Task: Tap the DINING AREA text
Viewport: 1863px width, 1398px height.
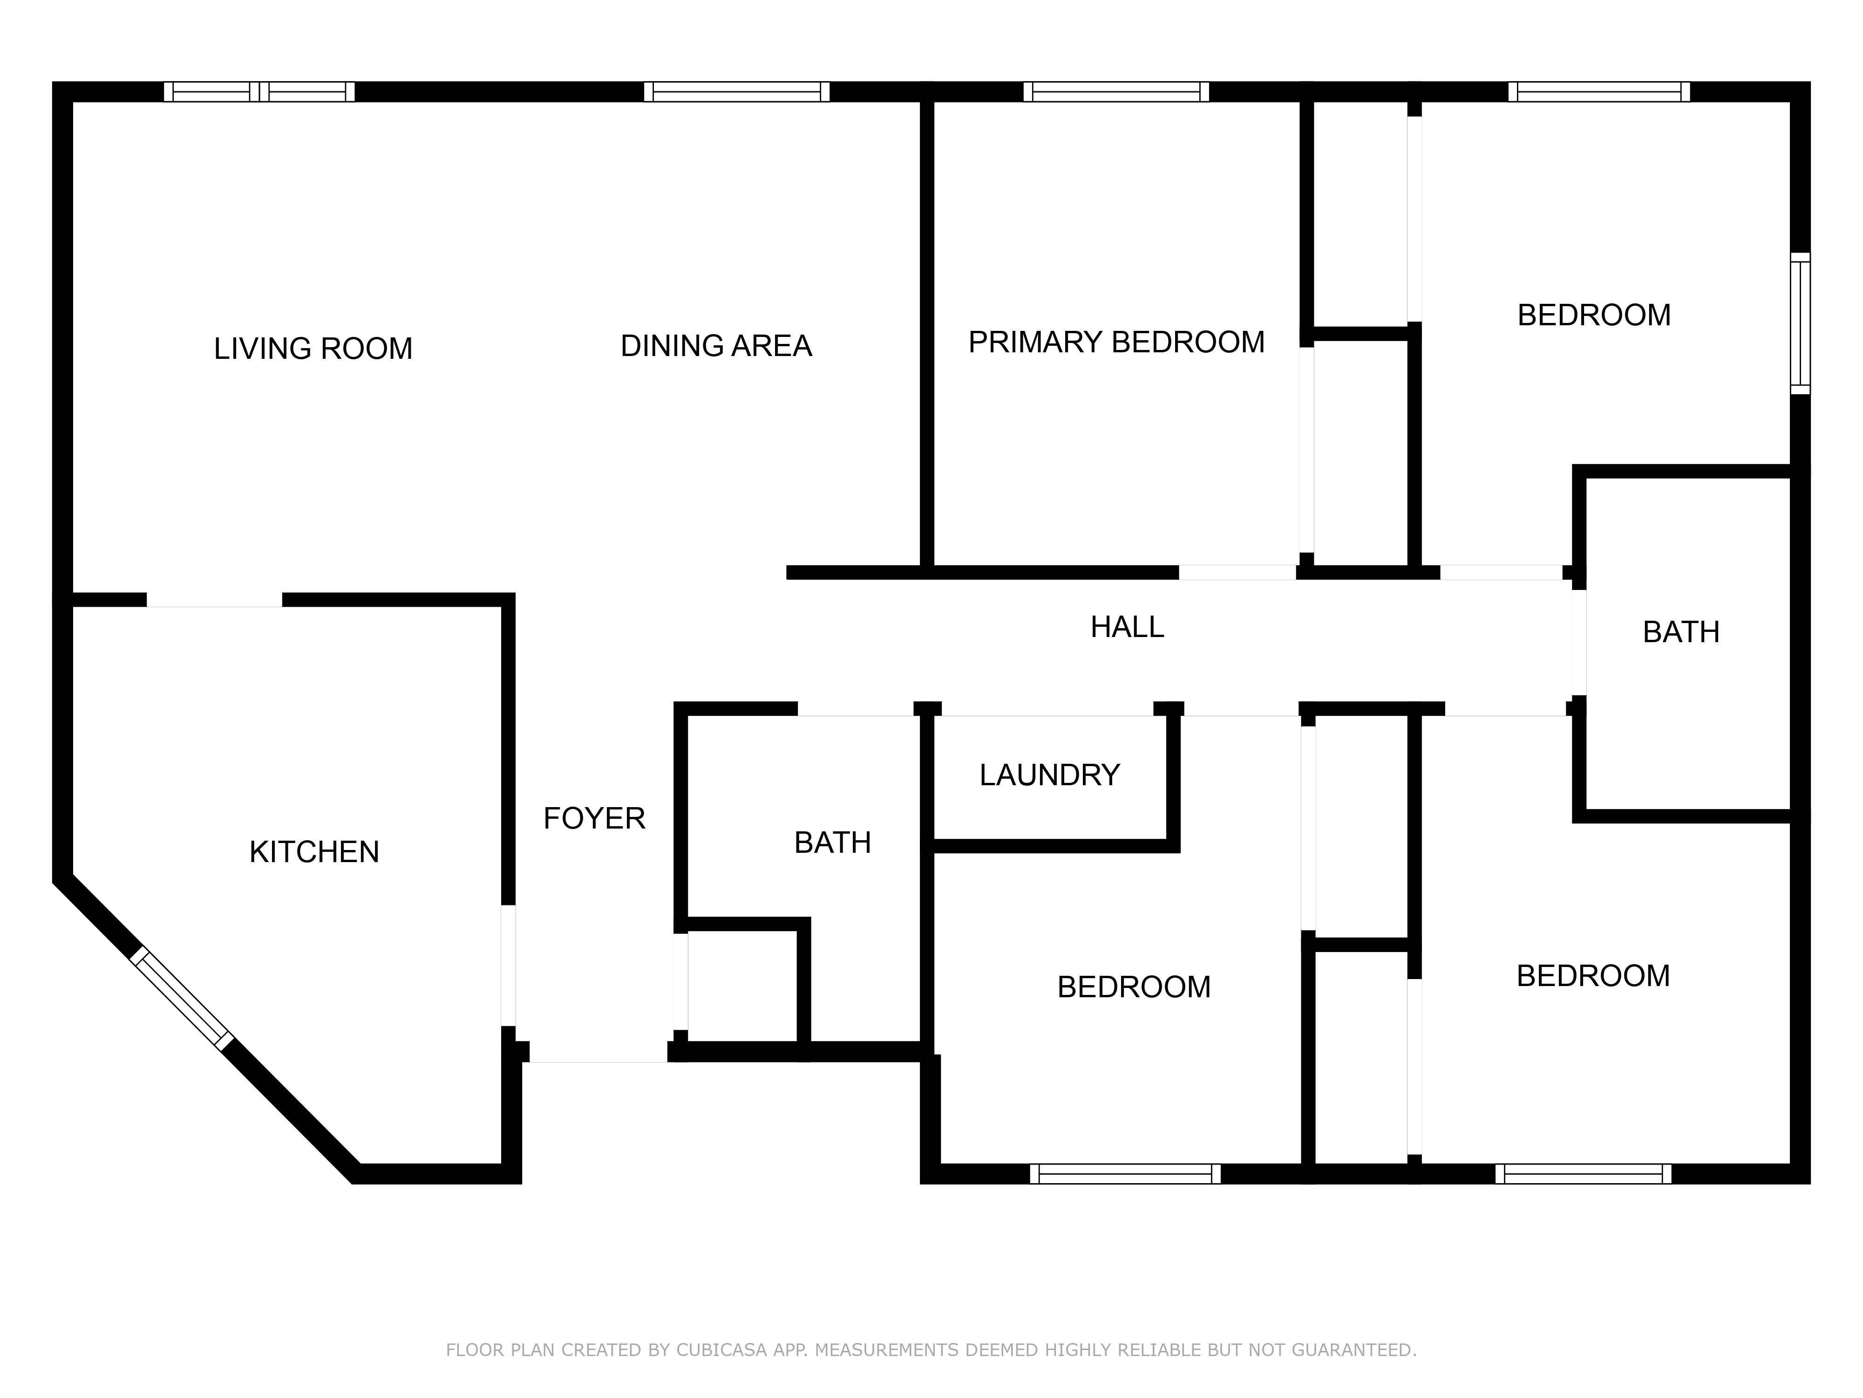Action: click(716, 345)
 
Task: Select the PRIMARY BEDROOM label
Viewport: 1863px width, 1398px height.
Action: click(1116, 342)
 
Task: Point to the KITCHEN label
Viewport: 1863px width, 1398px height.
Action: click(314, 852)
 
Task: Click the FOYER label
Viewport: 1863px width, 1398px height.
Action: click(594, 818)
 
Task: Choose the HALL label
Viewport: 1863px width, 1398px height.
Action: click(1127, 627)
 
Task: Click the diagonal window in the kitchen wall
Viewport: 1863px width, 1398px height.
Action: click(181, 1000)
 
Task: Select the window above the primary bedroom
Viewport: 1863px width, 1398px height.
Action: click(1116, 92)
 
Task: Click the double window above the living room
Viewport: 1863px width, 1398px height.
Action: click(259, 92)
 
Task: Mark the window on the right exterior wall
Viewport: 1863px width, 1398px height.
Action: click(1800, 323)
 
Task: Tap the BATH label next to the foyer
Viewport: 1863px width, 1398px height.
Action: click(832, 843)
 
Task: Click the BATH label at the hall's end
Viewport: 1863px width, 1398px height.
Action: click(1681, 632)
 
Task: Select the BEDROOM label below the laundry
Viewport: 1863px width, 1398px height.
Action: click(1134, 987)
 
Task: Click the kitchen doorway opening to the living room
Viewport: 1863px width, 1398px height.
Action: click(215, 600)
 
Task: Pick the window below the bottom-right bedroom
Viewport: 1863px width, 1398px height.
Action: click(1584, 1174)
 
